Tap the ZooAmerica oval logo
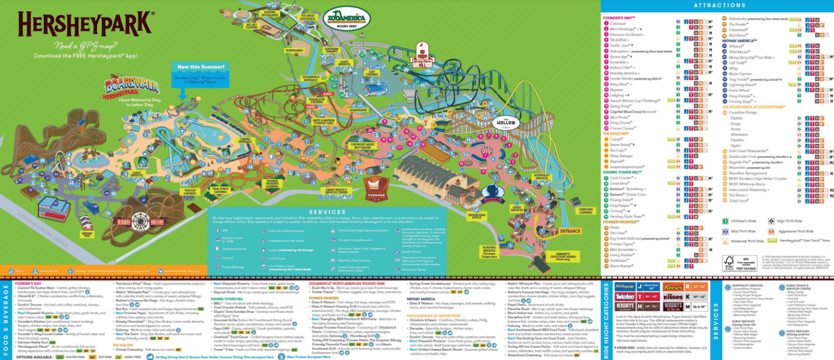pos(346,18)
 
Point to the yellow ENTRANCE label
pos(570,231)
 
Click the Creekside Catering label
pos(585,211)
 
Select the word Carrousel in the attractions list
pos(618,23)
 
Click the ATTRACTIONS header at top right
pos(716,5)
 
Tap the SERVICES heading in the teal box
pos(326,212)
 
